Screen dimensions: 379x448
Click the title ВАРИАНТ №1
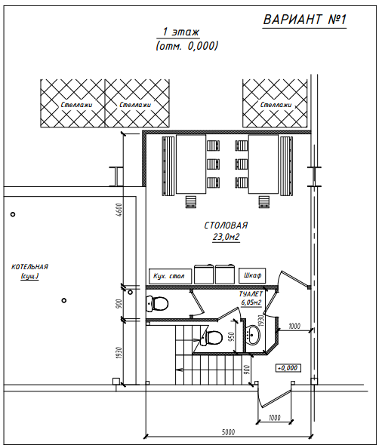[x=304, y=20]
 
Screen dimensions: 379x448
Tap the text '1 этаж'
[x=180, y=32]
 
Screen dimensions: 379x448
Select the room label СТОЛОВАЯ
[x=226, y=226]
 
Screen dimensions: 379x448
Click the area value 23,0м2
[x=226, y=237]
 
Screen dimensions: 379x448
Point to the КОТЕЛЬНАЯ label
[x=29, y=267]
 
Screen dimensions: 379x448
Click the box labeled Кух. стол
[x=170, y=276]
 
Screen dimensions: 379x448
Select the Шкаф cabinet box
[x=252, y=275]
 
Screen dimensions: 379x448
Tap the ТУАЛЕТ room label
[x=251, y=294]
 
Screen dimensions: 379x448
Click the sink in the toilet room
[x=254, y=334]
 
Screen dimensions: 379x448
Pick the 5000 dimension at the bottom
[x=228, y=432]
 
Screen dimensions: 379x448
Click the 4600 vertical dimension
[x=119, y=210]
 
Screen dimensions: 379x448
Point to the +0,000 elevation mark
[x=288, y=368]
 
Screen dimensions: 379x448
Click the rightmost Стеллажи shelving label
[x=276, y=105]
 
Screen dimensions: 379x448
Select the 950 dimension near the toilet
[x=232, y=336]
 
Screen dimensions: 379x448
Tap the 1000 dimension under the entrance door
[x=275, y=418]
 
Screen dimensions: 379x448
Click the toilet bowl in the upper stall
[x=157, y=303]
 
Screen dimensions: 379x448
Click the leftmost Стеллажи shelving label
[x=76, y=105]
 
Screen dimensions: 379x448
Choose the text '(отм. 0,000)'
[x=186, y=46]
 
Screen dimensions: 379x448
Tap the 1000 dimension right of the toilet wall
[x=294, y=326]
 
